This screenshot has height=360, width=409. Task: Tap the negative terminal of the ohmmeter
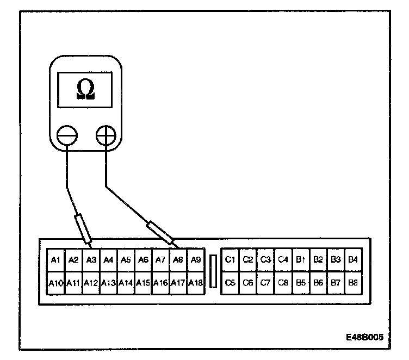point(67,134)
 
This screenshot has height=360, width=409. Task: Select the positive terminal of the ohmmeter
point(106,134)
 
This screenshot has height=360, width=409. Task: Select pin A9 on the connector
point(196,260)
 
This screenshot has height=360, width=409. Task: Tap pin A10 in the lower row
point(55,283)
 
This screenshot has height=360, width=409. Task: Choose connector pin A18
point(196,283)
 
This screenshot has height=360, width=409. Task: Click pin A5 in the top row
point(126,260)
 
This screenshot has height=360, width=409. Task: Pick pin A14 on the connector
point(126,283)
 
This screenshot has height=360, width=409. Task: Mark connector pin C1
point(230,260)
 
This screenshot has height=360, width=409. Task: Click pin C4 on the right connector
point(282,260)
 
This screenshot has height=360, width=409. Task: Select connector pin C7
point(265,283)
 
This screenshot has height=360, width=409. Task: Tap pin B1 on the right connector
point(300,260)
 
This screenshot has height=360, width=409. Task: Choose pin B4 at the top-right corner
point(353,260)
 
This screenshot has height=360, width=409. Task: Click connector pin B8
point(353,283)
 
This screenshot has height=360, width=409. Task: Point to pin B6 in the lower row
point(318,283)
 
